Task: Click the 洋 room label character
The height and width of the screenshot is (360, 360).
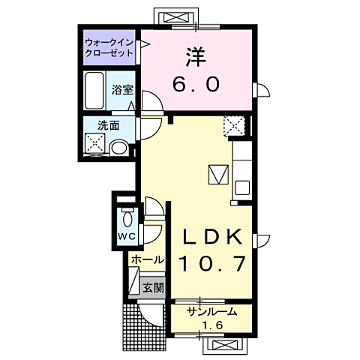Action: [x=196, y=57]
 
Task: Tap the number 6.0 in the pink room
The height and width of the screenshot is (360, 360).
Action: [x=196, y=84]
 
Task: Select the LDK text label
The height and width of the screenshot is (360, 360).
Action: [x=213, y=236]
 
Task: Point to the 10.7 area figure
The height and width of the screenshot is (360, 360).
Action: [x=213, y=263]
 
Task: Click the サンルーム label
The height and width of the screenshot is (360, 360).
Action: [x=212, y=312]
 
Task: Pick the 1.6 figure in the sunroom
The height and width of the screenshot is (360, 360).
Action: [x=212, y=325]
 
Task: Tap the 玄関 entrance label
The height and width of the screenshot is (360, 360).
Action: [x=153, y=288]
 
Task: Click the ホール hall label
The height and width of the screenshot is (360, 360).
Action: [x=148, y=260]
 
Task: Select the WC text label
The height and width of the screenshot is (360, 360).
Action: [x=127, y=236]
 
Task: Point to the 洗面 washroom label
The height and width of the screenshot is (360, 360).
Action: [x=109, y=125]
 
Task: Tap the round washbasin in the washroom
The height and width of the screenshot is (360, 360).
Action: [x=118, y=148]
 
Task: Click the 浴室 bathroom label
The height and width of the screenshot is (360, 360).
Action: [x=122, y=90]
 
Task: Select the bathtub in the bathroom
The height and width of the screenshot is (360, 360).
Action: [x=94, y=91]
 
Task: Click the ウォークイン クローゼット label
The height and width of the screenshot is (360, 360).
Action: [x=109, y=47]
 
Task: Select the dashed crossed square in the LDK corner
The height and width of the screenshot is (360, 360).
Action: [x=235, y=126]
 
